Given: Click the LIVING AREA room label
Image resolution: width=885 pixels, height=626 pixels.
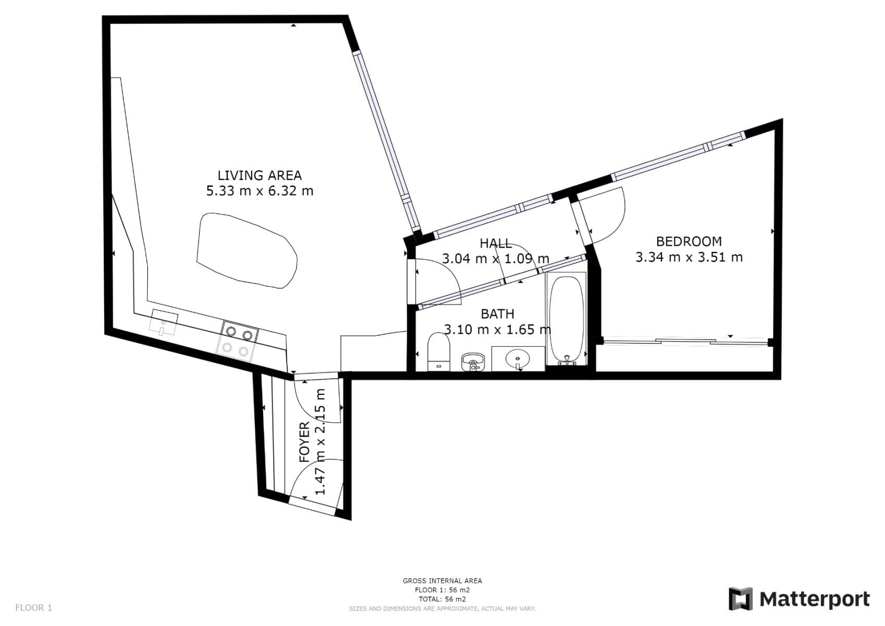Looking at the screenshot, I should coord(260,175).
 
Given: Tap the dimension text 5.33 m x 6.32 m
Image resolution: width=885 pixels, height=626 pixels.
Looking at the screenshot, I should coord(260,191).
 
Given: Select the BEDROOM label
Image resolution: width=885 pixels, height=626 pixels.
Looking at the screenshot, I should coord(689,242).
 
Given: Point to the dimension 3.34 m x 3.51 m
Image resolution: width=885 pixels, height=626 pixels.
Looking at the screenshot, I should coord(689,257).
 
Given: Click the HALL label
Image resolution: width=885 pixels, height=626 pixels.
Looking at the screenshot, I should coord(495,243).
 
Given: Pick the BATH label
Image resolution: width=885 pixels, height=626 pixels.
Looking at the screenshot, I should coord(497,314).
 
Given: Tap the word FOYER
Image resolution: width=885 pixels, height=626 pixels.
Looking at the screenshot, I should coord(304,442).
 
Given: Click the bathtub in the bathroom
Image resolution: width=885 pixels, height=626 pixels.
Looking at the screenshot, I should coord(566,319).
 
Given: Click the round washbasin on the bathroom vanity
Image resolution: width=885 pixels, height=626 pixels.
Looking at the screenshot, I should coord(517,358).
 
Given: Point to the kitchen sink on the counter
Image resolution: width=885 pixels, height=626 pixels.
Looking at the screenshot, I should coord(163,322).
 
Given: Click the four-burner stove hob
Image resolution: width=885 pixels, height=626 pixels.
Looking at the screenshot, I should coord(237,342).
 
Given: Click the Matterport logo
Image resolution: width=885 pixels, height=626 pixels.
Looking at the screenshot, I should coord(798,599).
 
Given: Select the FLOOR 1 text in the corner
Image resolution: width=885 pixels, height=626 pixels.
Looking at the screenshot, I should coord(33,607).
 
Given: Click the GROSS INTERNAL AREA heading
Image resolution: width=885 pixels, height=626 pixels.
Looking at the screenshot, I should coord(442,581).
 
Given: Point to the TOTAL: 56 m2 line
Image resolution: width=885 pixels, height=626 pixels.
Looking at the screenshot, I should coord(442,599).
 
